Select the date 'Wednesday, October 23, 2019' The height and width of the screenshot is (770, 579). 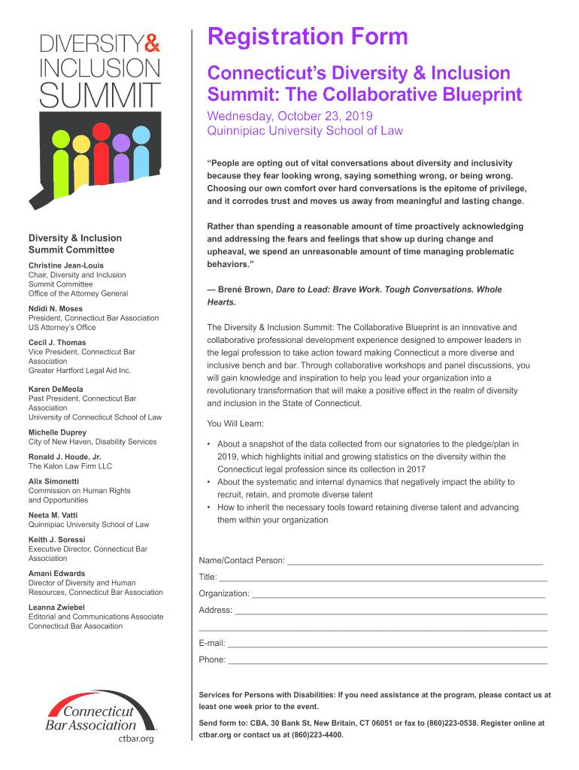tap(289, 116)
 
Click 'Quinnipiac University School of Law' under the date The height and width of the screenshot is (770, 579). tap(305, 131)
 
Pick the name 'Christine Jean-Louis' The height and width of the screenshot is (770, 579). tap(66, 265)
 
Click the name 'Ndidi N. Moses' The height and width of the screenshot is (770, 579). tap(56, 308)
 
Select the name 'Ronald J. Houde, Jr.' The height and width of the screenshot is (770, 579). tap(65, 457)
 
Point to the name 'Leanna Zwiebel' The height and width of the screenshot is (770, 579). tap(56, 607)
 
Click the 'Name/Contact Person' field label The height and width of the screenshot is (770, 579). tap(241, 560)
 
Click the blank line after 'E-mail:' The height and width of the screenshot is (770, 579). tap(387, 644)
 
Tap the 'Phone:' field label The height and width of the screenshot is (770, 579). tap(212, 659)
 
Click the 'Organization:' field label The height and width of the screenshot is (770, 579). tap(224, 593)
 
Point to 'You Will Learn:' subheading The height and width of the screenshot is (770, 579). tap(235, 423)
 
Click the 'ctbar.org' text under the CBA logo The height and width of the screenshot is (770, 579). tap(136, 738)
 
